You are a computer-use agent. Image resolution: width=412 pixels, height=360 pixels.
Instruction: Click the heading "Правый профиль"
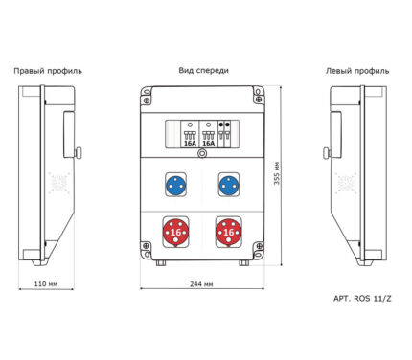tap(48, 71)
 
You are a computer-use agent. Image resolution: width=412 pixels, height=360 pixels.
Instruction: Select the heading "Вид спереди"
tap(203, 71)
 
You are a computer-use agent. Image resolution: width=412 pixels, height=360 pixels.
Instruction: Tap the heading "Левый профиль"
tap(357, 71)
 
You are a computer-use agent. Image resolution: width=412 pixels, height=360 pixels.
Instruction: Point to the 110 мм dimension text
tap(46, 283)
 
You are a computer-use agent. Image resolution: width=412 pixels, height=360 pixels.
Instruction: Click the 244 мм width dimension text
tap(201, 284)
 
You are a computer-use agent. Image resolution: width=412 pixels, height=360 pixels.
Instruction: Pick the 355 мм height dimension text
tap(277, 173)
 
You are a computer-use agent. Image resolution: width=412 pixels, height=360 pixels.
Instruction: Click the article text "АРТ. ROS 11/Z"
tap(362, 299)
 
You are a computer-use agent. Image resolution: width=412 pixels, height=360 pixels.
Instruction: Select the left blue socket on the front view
tap(175, 185)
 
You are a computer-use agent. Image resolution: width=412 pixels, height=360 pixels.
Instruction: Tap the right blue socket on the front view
tap(229, 185)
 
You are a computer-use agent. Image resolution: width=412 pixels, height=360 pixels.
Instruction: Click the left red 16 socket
tap(175, 232)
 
